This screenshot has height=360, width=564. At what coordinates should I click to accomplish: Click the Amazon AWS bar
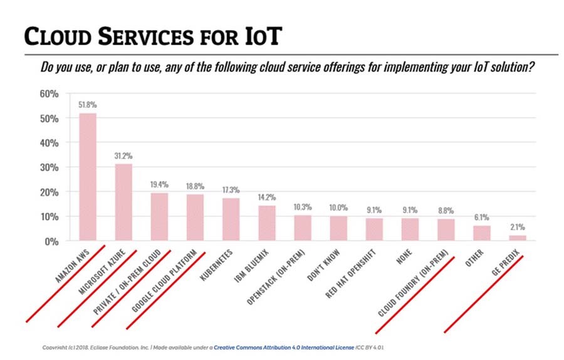pyautogui.click(x=87, y=177)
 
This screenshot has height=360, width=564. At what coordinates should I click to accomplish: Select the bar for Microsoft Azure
pyautogui.click(x=123, y=202)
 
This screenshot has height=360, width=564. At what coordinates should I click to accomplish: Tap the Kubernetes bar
pyautogui.click(x=231, y=220)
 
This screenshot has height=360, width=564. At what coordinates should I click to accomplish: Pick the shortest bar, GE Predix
pyautogui.click(x=518, y=238)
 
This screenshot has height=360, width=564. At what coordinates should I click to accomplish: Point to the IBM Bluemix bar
pyautogui.click(x=267, y=223)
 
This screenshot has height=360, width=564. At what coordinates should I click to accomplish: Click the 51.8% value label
pyautogui.click(x=87, y=105)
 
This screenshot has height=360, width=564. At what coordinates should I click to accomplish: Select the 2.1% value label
pyautogui.click(x=518, y=227)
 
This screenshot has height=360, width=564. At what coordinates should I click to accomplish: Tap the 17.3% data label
pyautogui.click(x=231, y=189)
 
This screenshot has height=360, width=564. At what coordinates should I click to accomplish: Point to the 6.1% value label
pyautogui.click(x=482, y=217)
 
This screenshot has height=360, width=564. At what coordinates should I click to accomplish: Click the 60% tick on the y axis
pyautogui.click(x=50, y=94)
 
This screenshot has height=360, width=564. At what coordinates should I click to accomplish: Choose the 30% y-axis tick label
pyautogui.click(x=50, y=167)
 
